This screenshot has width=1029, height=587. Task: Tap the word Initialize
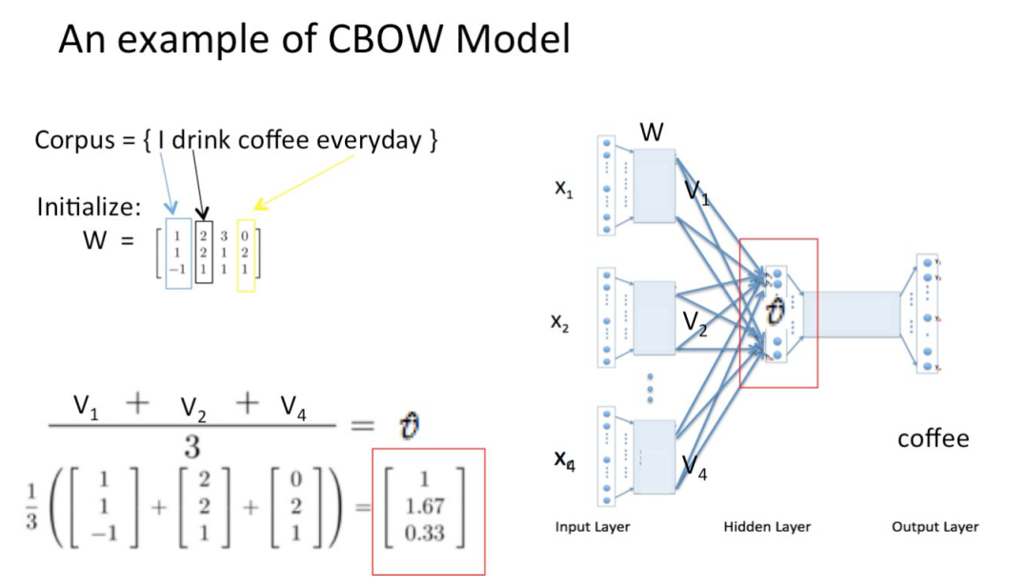coord(89,207)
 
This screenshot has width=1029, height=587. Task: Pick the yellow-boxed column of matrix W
coord(245,252)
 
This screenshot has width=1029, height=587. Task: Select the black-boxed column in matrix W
coord(204,252)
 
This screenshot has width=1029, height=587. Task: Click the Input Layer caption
coord(592,527)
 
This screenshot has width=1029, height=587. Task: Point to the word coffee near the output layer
coord(933,438)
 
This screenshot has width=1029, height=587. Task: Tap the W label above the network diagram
coord(652,132)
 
